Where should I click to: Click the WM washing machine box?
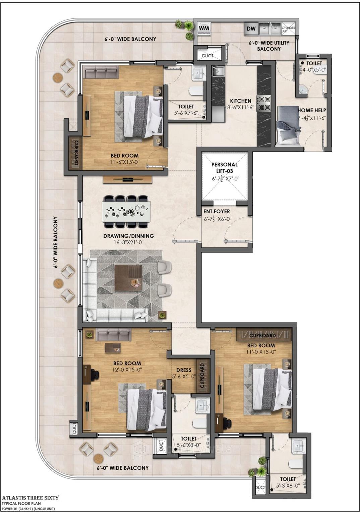pos(204,29)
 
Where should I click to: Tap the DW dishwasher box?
pos(251,29)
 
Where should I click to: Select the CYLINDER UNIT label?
pos(288,29)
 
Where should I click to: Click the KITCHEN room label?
pos(240,101)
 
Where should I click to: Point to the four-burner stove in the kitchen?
pos(263,103)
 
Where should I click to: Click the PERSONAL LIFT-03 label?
pos(224,168)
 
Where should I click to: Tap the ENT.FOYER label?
pos(217,212)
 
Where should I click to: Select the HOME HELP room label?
pos(312,110)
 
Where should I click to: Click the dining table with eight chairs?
pos(126,211)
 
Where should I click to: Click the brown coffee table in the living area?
pos(128,277)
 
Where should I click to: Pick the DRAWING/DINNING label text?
pos(128,236)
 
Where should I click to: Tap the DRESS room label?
pos(184,370)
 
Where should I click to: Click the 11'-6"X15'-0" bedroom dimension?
pos(125,162)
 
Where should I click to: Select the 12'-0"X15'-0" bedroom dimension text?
pos(127,369)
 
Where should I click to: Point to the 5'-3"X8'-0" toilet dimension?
pos(288,486)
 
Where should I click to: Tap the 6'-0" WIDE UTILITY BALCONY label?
pos(269,46)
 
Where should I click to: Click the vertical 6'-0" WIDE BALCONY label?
pos(56,242)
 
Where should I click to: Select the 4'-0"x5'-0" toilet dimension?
pos(314,70)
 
